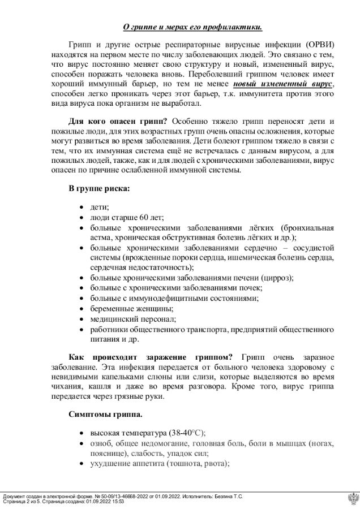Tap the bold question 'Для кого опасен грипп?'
click(117, 122)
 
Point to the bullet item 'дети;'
click(100, 208)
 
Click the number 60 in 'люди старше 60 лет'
click(145, 217)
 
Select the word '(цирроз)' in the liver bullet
click(277, 278)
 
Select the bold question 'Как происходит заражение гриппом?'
click(151, 357)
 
